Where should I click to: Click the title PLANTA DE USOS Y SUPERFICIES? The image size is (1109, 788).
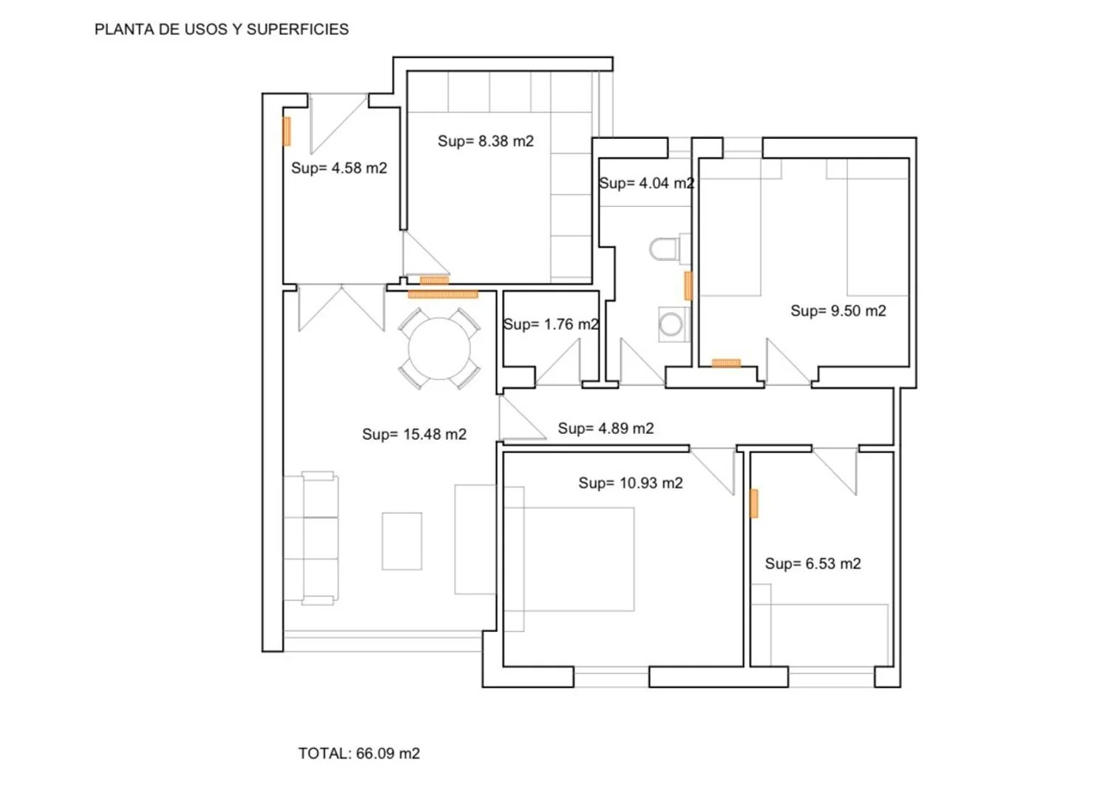pyautogui.click(x=221, y=30)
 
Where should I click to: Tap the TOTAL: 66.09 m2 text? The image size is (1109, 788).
pyautogui.click(x=359, y=753)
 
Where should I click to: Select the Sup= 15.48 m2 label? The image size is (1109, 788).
pyautogui.click(x=414, y=434)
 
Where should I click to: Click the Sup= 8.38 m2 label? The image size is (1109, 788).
pyautogui.click(x=486, y=141)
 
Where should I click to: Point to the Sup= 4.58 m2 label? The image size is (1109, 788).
pyautogui.click(x=339, y=168)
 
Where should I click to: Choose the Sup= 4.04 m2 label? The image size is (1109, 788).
pyautogui.click(x=647, y=183)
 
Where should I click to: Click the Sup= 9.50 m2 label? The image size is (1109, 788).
pyautogui.click(x=838, y=310)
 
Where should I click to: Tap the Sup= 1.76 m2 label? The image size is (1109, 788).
pyautogui.click(x=551, y=325)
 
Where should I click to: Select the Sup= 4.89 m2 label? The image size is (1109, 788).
pyautogui.click(x=606, y=428)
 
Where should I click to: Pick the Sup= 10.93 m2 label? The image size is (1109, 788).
pyautogui.click(x=631, y=483)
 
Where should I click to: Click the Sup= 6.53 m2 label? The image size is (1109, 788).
pyautogui.click(x=813, y=563)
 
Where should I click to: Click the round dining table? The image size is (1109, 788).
pyautogui.click(x=439, y=349)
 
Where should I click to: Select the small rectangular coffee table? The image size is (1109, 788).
pyautogui.click(x=401, y=541)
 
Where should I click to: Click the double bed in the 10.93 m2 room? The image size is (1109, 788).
pyautogui.click(x=569, y=559)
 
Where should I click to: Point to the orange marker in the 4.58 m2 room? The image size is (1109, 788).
pyautogui.click(x=287, y=131)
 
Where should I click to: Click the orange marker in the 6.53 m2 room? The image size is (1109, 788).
pyautogui.click(x=754, y=503)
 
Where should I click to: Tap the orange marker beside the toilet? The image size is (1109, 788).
pyautogui.click(x=688, y=285)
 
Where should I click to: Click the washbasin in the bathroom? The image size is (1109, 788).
pyautogui.click(x=674, y=325)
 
